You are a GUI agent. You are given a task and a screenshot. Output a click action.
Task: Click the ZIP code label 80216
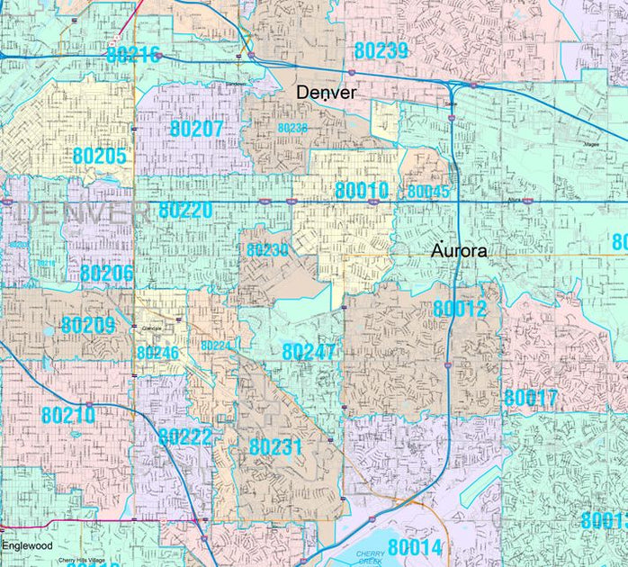tap(133, 54)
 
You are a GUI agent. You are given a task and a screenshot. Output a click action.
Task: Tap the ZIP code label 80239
tap(381, 51)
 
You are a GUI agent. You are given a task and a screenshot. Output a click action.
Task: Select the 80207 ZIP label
tap(196, 129)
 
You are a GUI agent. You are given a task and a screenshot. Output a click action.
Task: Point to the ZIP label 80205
tap(100, 156)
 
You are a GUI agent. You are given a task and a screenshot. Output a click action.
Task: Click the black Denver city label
tap(327, 93)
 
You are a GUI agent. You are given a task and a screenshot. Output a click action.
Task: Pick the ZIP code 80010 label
tap(362, 191)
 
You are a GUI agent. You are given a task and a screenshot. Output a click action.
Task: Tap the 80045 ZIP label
tap(428, 192)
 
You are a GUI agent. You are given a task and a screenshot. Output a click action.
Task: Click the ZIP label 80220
tap(185, 211)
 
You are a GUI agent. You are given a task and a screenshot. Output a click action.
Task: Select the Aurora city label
tap(459, 251)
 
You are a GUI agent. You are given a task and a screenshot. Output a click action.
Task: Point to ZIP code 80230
tap(267, 250)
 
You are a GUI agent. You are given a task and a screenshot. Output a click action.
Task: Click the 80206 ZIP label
tap(106, 274)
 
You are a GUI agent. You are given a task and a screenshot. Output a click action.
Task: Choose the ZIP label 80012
tap(460, 309)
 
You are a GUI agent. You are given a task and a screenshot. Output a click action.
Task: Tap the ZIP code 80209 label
tap(88, 325)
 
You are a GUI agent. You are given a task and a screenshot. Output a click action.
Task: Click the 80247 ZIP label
tap(309, 352)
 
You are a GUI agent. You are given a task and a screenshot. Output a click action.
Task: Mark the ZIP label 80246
tap(158, 353)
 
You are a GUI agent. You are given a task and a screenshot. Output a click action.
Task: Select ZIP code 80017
tap(531, 398)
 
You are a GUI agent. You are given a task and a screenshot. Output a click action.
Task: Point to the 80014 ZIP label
tap(416, 546)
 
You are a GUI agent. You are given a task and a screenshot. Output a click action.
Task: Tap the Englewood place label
tap(27, 546)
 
